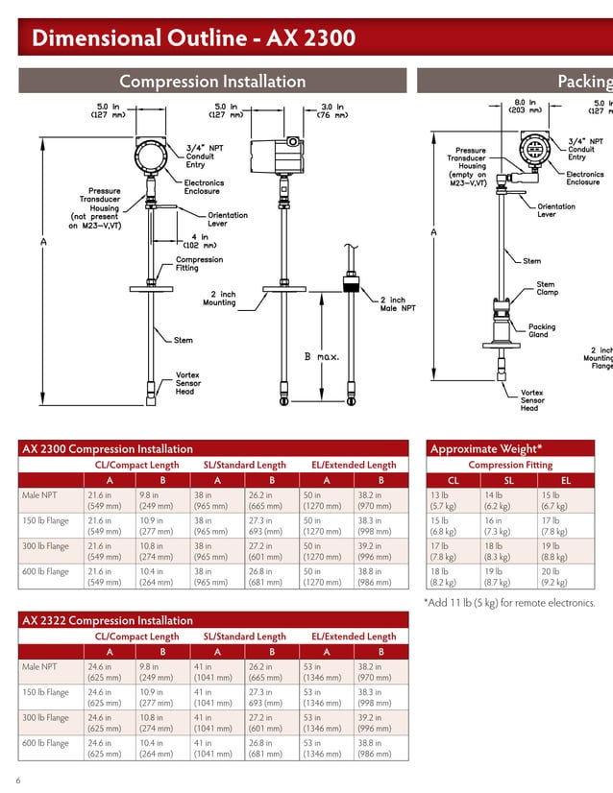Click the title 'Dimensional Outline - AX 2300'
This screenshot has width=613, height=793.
tap(193, 38)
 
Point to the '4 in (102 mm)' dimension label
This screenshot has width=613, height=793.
tap(199, 240)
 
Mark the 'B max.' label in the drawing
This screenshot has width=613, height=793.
tap(322, 356)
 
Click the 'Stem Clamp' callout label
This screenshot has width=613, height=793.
tap(546, 289)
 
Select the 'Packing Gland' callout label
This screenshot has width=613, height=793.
tap(542, 331)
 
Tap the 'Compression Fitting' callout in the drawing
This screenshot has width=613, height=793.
tap(199, 264)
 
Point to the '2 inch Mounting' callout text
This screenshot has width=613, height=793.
tap(219, 299)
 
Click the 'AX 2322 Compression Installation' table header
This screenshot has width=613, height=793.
tap(108, 620)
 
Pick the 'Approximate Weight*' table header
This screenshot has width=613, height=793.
tap(486, 448)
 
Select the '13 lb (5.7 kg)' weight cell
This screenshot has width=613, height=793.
tap(442, 501)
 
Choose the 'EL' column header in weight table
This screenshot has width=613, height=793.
tap(565, 480)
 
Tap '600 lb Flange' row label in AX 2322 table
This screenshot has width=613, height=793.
tap(45, 742)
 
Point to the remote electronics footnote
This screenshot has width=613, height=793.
tap(509, 603)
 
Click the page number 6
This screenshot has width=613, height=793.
tap(18, 780)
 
